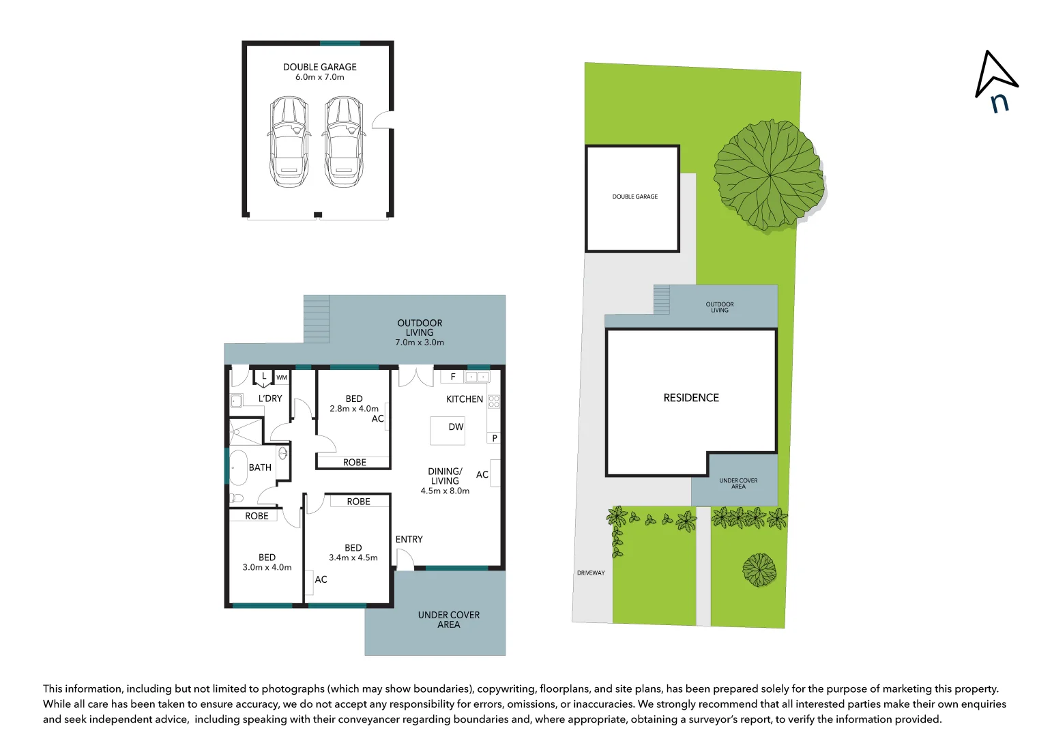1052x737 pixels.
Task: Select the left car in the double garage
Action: click(x=289, y=141)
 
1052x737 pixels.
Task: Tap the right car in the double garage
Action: click(x=343, y=141)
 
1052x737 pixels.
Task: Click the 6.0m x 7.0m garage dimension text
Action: click(x=319, y=77)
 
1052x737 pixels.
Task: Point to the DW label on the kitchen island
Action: click(x=456, y=427)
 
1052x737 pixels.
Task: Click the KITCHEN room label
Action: click(x=464, y=399)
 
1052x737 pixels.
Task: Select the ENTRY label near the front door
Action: click(x=409, y=539)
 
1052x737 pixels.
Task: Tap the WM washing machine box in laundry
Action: click(x=282, y=377)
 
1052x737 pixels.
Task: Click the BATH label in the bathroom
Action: click(x=260, y=467)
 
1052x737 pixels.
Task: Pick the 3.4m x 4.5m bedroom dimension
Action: click(x=353, y=558)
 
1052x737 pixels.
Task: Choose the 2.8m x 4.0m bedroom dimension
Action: click(x=353, y=409)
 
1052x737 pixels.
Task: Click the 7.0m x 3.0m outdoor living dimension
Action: click(x=420, y=343)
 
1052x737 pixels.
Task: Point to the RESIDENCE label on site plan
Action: click(x=691, y=398)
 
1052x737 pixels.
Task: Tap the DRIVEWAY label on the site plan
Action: click(x=591, y=573)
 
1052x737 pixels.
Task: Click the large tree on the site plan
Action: click(x=769, y=175)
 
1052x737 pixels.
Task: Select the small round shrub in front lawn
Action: click(x=759, y=569)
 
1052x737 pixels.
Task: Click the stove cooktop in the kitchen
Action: click(x=494, y=401)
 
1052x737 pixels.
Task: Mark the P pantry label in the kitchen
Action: click(x=495, y=438)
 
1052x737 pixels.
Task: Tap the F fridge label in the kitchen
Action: click(x=453, y=377)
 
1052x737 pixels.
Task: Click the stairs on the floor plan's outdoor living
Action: click(x=317, y=319)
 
